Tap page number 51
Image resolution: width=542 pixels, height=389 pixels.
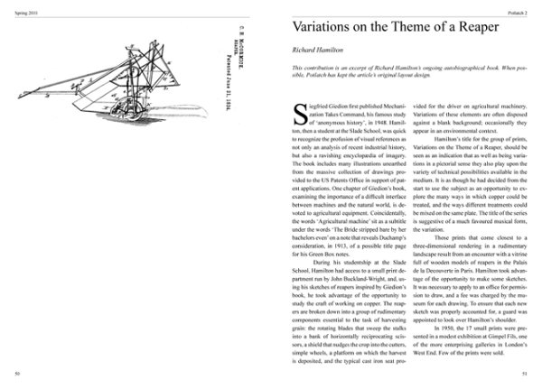525,372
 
